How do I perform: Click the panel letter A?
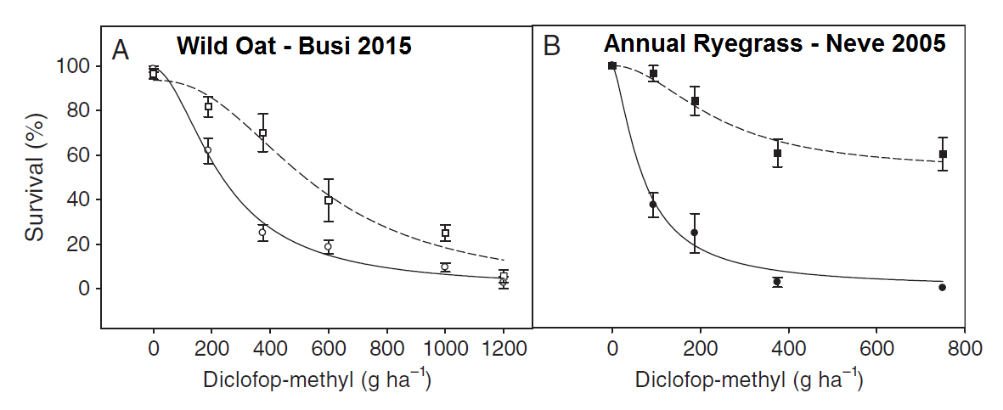tap(121, 51)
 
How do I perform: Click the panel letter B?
tap(551, 47)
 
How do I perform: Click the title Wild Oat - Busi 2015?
tap(294, 45)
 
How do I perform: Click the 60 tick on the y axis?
tap(80, 155)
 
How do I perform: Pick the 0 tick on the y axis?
tap(85, 289)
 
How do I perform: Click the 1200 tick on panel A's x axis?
tap(504, 348)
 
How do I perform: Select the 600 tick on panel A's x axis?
tap(329, 348)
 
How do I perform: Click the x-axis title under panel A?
tap(318, 379)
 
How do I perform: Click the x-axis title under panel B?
tap(750, 379)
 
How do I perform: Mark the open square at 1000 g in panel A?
tap(445, 233)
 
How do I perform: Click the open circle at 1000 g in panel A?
tap(445, 267)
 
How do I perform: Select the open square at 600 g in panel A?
tap(329, 200)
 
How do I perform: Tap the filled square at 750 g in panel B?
tap(943, 154)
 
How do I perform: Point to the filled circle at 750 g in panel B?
tap(943, 287)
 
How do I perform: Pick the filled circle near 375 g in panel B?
tap(777, 282)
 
